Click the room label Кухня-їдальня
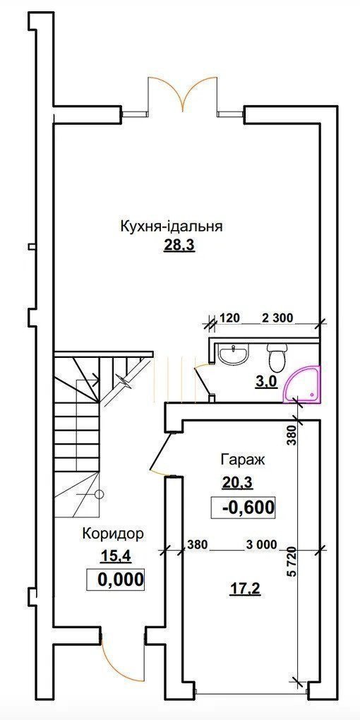[172, 227]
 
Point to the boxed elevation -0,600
[243, 507]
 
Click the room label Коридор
[113, 533]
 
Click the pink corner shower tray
[302, 385]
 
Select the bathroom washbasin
[232, 354]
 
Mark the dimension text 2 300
[277, 318]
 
